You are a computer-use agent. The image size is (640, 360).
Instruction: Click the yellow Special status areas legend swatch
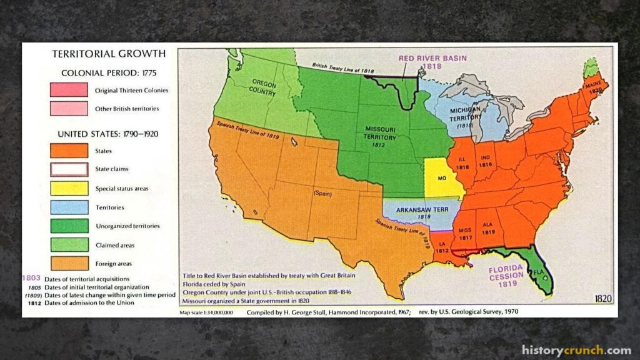click(69, 188)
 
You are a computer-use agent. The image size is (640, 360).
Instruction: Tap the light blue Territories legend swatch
click(69, 207)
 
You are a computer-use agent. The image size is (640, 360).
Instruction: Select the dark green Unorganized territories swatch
click(69, 226)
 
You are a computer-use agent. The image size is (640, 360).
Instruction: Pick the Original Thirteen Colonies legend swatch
click(69, 90)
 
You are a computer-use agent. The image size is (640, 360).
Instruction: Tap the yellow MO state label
click(441, 178)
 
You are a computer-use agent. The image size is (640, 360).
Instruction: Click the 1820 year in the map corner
click(603, 297)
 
